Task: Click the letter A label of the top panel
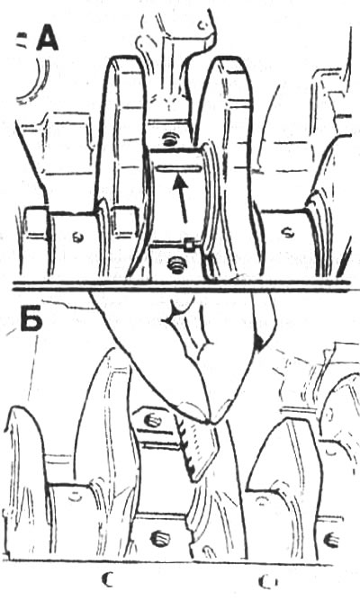pos(48,40)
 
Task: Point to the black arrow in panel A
pos(181,199)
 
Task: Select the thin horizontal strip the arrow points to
pos(179,169)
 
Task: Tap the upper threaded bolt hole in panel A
pos(168,139)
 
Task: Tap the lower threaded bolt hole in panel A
pos(176,264)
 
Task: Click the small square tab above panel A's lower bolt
pos(189,245)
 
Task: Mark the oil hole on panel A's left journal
pos(76,237)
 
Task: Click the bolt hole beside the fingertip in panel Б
pos(152,421)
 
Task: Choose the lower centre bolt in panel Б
pos(160,538)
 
